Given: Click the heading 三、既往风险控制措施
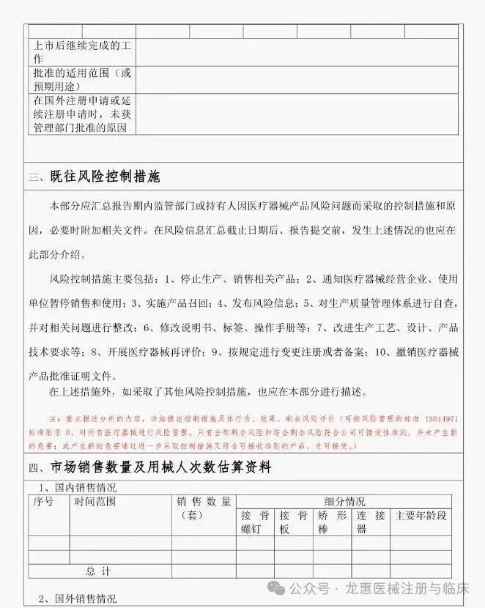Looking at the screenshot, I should [95, 177].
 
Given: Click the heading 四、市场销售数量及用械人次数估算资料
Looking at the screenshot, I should [150, 467].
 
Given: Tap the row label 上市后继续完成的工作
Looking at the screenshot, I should [82, 53].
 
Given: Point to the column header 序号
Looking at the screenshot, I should [44, 502].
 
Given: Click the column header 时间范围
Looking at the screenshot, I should [95, 502].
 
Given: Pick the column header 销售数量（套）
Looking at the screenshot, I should [204, 508].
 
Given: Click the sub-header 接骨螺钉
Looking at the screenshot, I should [256, 522].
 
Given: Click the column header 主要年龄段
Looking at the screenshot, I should [421, 515].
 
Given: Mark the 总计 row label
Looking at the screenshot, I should [98, 571].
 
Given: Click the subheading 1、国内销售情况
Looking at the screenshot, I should [77, 487].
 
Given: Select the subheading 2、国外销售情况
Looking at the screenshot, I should [77, 598].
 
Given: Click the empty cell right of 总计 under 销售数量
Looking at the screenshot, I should [204, 571].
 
